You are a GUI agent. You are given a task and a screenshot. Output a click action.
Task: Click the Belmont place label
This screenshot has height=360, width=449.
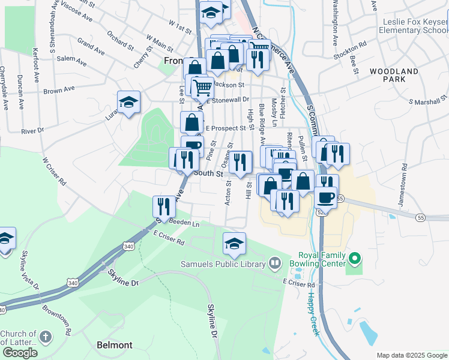pyautogui.click(x=115, y=345)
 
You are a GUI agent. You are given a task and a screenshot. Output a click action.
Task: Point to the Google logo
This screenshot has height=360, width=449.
pyautogui.click(x=20, y=353)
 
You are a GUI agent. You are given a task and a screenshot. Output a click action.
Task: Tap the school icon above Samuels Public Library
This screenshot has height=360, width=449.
pyautogui.click(x=234, y=243)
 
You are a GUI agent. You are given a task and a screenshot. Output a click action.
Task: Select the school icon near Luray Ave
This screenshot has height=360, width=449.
pyautogui.click(x=128, y=102)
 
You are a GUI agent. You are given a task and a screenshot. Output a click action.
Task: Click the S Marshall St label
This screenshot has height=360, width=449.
pyautogui.click(x=428, y=99)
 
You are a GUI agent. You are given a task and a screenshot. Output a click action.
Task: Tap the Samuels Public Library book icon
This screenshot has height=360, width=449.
pyautogui.click(x=275, y=262)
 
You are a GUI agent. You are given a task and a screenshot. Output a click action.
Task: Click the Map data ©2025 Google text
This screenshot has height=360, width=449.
pyautogui.click(x=412, y=355)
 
